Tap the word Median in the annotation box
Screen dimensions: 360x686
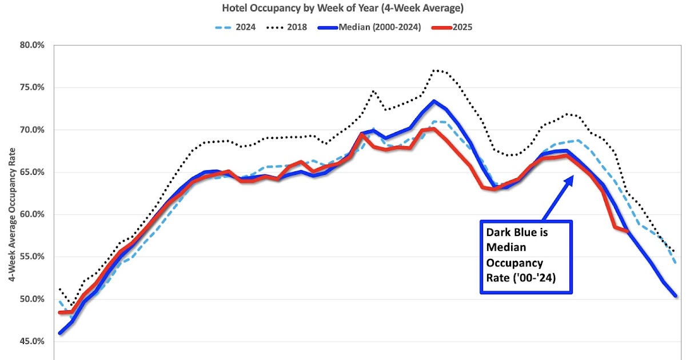(x=505, y=248)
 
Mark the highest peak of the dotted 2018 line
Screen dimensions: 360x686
(x=435, y=70)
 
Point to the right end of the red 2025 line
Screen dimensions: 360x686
(x=627, y=230)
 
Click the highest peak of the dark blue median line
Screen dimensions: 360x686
(x=434, y=102)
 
